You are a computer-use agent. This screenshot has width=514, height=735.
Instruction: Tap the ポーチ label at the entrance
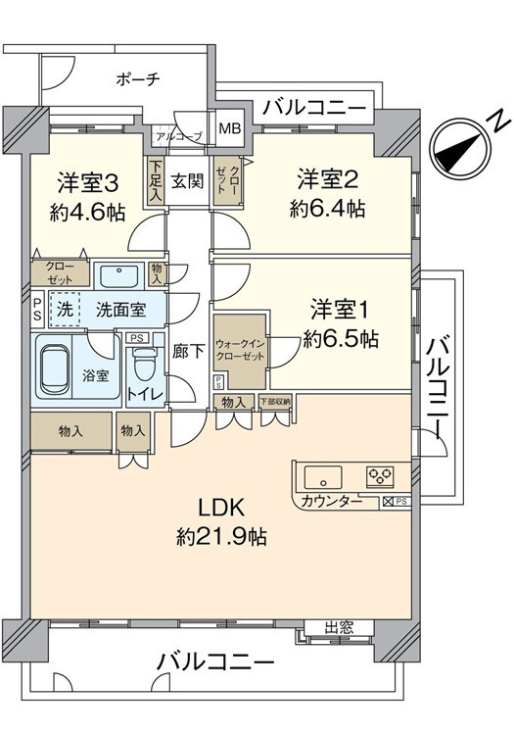136,78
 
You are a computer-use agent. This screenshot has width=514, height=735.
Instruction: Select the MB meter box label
228,128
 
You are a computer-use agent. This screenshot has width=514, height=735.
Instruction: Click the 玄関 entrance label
187,181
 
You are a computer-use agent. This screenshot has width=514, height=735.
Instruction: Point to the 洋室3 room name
87,182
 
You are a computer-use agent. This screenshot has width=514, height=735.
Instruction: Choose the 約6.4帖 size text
327,208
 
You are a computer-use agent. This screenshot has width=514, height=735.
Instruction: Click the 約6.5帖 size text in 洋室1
338,339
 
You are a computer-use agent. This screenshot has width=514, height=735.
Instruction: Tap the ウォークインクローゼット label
240,350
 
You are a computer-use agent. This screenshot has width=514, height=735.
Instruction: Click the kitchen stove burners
379,477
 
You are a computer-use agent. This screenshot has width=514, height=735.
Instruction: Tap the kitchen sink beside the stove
323,478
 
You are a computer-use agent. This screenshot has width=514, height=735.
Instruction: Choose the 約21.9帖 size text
222,536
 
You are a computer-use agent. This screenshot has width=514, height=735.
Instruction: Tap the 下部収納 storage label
275,402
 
